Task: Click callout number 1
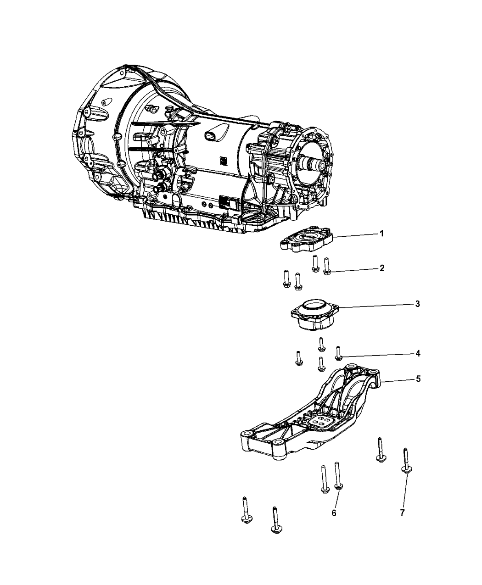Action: pyautogui.click(x=381, y=234)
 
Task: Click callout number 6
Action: pyautogui.click(x=334, y=513)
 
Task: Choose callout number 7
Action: pyautogui.click(x=402, y=513)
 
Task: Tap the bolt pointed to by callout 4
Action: pyautogui.click(x=338, y=352)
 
